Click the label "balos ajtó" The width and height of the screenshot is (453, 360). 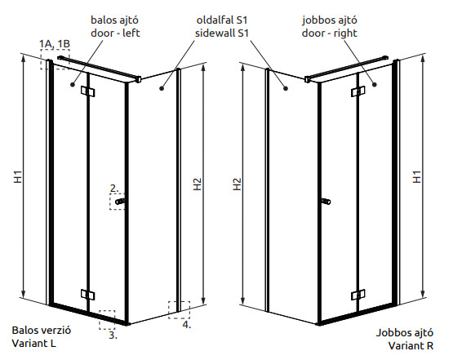point(115,20)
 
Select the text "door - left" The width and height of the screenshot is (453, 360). point(115,33)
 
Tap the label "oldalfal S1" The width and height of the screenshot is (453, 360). point(222,20)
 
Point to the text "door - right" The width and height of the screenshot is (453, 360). point(330,33)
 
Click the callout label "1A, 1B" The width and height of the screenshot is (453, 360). point(55,43)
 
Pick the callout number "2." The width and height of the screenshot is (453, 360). point(114,189)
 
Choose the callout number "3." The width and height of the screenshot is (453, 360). point(113,336)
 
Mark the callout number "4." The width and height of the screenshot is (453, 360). point(187,324)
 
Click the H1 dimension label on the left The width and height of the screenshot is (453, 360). point(18,176)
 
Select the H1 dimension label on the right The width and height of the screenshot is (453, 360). point(417,176)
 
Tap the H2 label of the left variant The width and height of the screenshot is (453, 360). point(197,184)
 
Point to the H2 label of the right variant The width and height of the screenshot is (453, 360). point(237,184)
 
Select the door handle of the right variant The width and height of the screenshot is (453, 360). point(326,202)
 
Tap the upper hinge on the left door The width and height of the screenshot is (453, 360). point(88,91)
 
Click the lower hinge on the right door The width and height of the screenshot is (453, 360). point(358,295)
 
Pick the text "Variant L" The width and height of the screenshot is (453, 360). point(34,343)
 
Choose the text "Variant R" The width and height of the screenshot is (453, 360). point(411,345)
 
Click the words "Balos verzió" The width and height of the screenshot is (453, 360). point(42,331)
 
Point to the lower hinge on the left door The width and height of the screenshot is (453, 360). point(88,295)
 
